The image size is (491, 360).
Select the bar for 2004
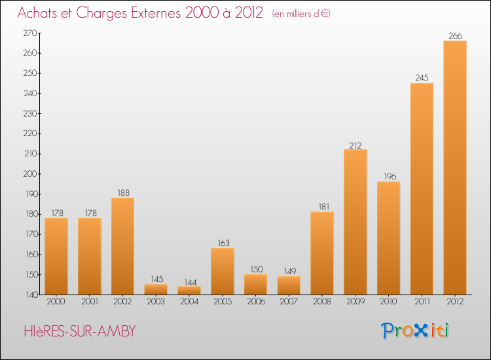189,291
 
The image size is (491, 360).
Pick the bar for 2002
122,246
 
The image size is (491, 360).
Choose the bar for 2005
223,271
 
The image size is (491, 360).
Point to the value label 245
422,78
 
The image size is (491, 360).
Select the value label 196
389,177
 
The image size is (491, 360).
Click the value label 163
223,243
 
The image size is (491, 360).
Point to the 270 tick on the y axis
30,33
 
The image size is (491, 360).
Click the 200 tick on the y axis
30,174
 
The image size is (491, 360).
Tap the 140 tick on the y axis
30,295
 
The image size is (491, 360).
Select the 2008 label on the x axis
322,302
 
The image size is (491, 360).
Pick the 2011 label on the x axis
422,302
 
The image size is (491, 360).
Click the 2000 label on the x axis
56,302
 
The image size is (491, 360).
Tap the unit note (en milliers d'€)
300,14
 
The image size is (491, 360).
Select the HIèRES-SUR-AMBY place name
77,331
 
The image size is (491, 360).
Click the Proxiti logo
416,331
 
